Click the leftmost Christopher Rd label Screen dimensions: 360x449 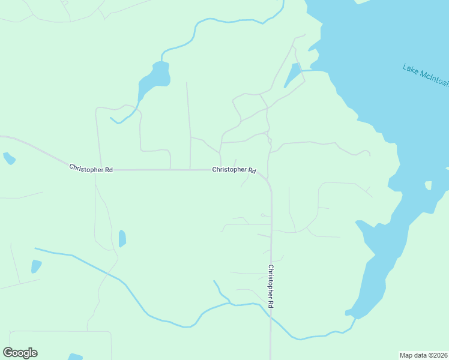[91, 169]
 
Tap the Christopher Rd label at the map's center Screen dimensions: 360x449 [234, 170]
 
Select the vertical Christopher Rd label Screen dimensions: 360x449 [271, 286]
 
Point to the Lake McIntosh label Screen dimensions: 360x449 [425, 76]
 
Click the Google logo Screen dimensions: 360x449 [20, 353]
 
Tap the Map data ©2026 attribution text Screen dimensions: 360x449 [424, 355]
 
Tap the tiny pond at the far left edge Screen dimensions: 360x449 [8, 158]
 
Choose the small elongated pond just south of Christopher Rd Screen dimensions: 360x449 [122, 238]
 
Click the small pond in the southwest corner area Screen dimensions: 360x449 [36, 266]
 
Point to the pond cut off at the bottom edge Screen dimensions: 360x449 [75, 357]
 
